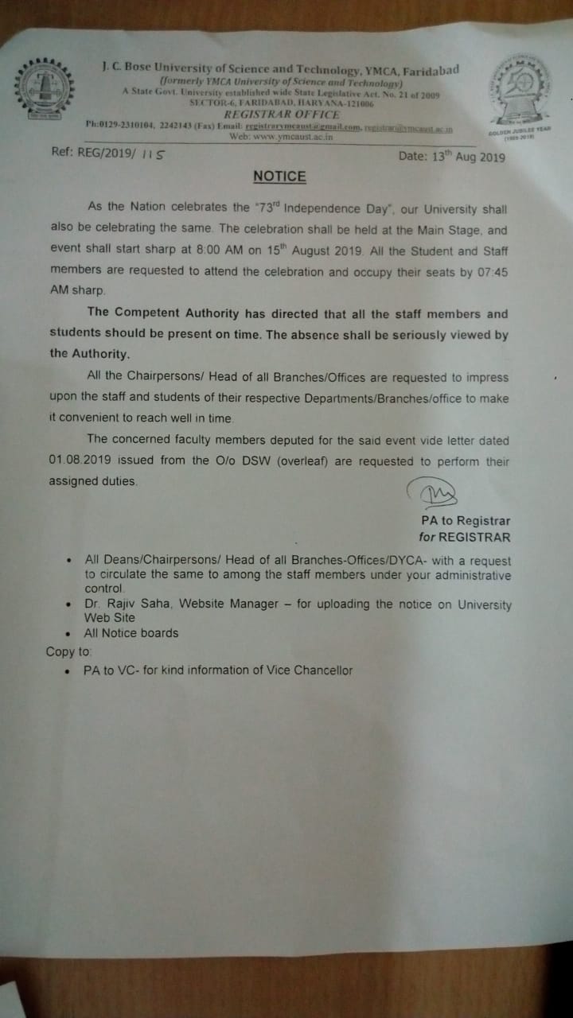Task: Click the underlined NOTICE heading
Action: pos(279,177)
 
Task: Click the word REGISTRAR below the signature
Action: pos(475,538)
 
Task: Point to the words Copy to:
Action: pos(68,652)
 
